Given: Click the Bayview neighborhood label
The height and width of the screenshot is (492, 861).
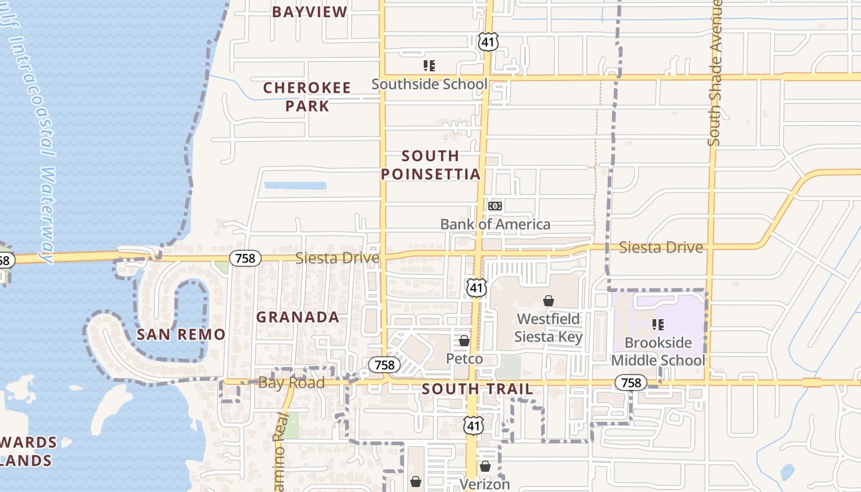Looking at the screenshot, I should [309, 12].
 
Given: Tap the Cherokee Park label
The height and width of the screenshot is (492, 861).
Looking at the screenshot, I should [306, 97].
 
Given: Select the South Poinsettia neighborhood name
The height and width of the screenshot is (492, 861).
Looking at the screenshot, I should [430, 165].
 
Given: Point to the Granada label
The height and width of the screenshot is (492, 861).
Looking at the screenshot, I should [298, 317].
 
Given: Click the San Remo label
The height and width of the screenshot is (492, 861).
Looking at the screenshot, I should [181, 335].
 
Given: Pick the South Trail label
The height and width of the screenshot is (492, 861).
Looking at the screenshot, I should [477, 389].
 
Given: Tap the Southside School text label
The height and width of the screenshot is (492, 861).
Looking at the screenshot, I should [429, 84].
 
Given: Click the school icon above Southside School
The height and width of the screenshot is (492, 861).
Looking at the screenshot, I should [429, 65].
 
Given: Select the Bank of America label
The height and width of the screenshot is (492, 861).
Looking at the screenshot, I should [495, 224].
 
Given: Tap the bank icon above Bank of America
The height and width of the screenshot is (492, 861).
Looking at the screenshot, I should [495, 206].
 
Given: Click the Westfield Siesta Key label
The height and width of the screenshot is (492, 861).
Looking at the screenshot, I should [548, 328].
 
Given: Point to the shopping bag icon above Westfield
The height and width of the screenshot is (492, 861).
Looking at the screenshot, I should [548, 301].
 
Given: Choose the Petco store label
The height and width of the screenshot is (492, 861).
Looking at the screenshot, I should [464, 359].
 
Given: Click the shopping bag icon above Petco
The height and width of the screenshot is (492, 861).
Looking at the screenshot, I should [464, 341].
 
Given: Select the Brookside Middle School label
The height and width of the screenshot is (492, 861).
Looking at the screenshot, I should [658, 351].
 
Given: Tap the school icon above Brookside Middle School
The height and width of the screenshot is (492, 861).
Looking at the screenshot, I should [658, 324].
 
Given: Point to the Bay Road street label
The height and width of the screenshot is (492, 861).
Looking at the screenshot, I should [292, 383].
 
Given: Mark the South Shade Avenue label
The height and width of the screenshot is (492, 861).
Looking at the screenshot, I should [715, 74].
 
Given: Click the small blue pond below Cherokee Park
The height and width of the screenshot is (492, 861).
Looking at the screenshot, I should [295, 186].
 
